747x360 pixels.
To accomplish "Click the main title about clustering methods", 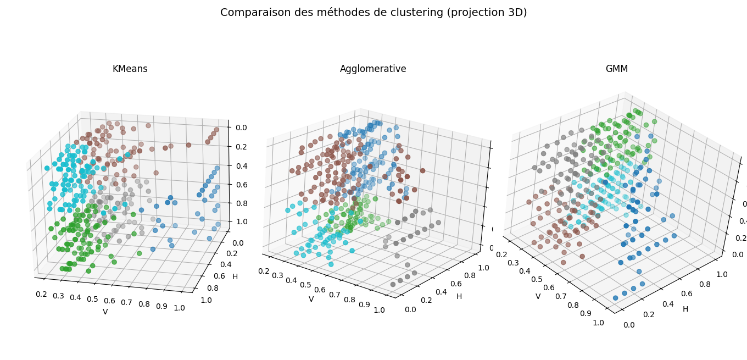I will click(374, 13).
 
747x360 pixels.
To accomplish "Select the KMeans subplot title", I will click(130, 69).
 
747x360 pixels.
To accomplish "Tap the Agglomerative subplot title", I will click(373, 69).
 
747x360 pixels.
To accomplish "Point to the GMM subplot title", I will click(616, 69).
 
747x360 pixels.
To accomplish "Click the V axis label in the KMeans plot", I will click(105, 312).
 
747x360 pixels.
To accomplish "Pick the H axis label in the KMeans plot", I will click(235, 276).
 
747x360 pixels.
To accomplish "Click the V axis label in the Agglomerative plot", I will click(311, 300).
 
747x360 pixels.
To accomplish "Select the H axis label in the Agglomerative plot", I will click(459, 297).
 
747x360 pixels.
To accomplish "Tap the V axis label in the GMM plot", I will click(538, 297).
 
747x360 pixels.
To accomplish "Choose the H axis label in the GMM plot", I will click(685, 309).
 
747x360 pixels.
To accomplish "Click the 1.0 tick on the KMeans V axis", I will click(179, 308).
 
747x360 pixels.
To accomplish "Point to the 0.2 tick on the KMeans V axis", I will click(41, 294).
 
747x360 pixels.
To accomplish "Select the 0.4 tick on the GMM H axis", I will click(667, 304).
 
